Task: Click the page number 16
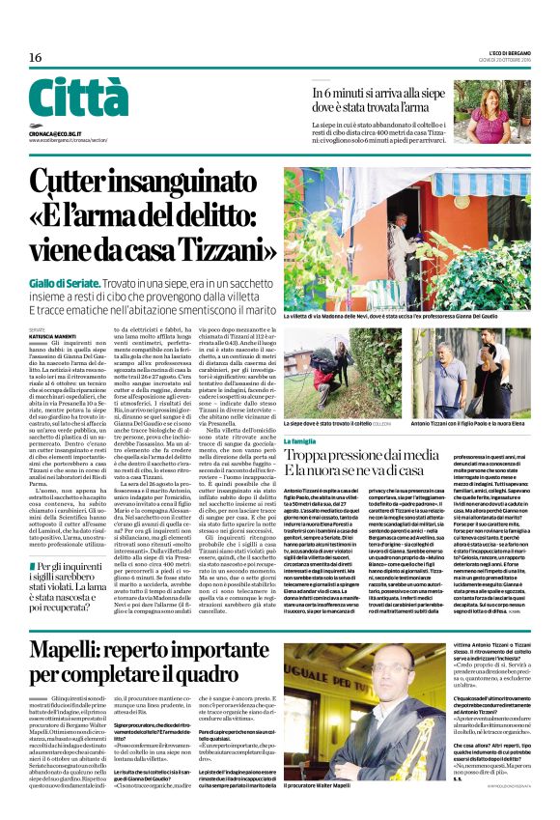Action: coord(35,58)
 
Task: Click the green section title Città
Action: coord(78,99)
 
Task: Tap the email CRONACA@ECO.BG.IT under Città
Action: coord(54,132)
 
